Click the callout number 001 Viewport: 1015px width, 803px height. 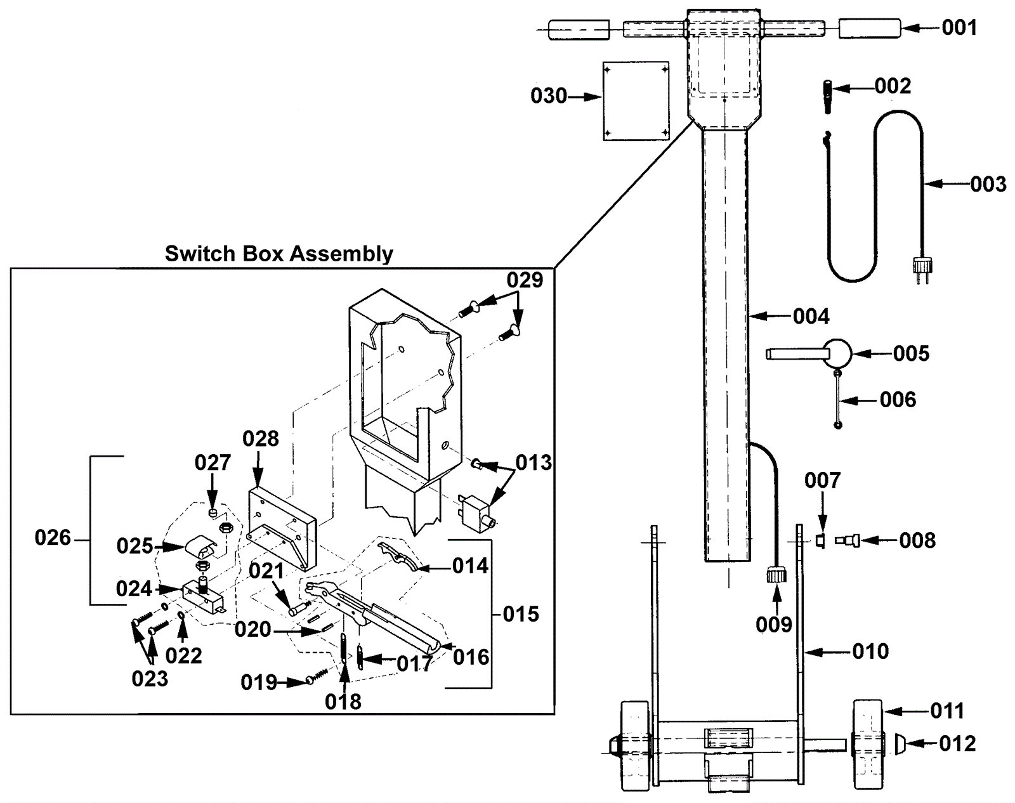(959, 28)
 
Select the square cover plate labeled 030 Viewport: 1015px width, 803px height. (636, 101)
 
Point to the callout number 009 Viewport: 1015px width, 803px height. (773, 625)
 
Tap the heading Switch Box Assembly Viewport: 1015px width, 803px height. (278, 254)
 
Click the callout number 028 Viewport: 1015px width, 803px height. (261, 439)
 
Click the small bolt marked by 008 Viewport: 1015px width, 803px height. (847, 540)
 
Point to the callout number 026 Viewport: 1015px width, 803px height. (53, 538)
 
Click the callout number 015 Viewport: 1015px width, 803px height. (521, 614)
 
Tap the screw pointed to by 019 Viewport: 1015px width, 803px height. (317, 676)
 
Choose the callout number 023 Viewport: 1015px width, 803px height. (150, 679)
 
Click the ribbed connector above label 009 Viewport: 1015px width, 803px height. (776, 576)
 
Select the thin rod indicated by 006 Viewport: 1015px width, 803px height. (837, 399)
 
